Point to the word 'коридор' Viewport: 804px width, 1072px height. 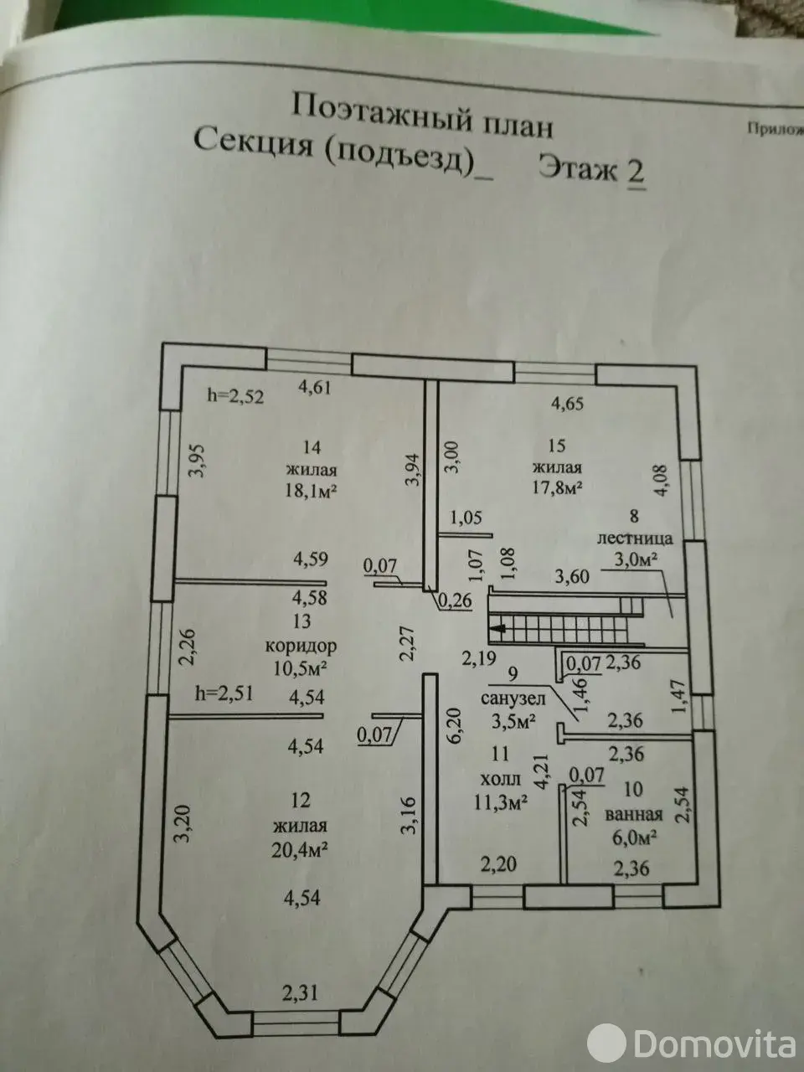(301, 646)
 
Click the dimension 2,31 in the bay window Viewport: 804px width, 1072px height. (299, 994)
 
